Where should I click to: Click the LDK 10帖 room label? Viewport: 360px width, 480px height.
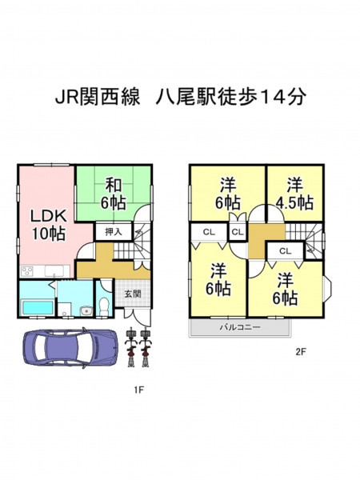click(48, 225)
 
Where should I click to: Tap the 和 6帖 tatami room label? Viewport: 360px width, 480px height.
click(114, 194)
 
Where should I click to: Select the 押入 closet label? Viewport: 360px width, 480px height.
click(114, 232)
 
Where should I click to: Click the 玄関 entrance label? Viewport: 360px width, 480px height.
click(133, 294)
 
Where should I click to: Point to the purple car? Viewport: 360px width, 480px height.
click(70, 347)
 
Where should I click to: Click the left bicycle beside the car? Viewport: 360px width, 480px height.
click(131, 347)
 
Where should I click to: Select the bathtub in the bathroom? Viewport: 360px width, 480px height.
click(38, 307)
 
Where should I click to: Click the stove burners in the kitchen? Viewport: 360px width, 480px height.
click(26, 271)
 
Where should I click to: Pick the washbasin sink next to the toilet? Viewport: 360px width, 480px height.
click(86, 311)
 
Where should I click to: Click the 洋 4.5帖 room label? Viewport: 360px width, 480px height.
click(294, 194)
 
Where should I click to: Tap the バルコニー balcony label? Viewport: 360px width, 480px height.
click(240, 327)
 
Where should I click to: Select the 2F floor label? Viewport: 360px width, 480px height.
click(301, 352)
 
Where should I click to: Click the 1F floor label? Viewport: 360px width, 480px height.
click(138, 390)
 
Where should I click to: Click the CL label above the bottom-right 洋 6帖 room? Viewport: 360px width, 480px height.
click(285, 251)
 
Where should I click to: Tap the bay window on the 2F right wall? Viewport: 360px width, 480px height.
click(327, 290)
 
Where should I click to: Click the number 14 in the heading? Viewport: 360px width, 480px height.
click(271, 98)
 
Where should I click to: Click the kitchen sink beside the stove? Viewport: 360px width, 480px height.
click(54, 271)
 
